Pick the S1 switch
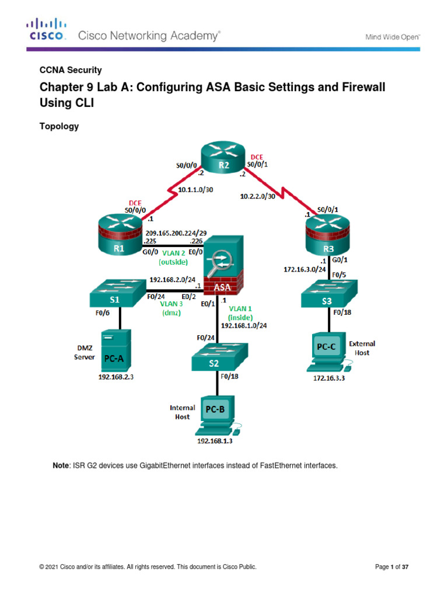(x=117, y=295)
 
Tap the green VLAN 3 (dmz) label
(x=172, y=308)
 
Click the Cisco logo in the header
(x=47, y=29)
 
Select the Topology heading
(x=58, y=126)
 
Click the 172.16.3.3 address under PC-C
(x=327, y=380)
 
